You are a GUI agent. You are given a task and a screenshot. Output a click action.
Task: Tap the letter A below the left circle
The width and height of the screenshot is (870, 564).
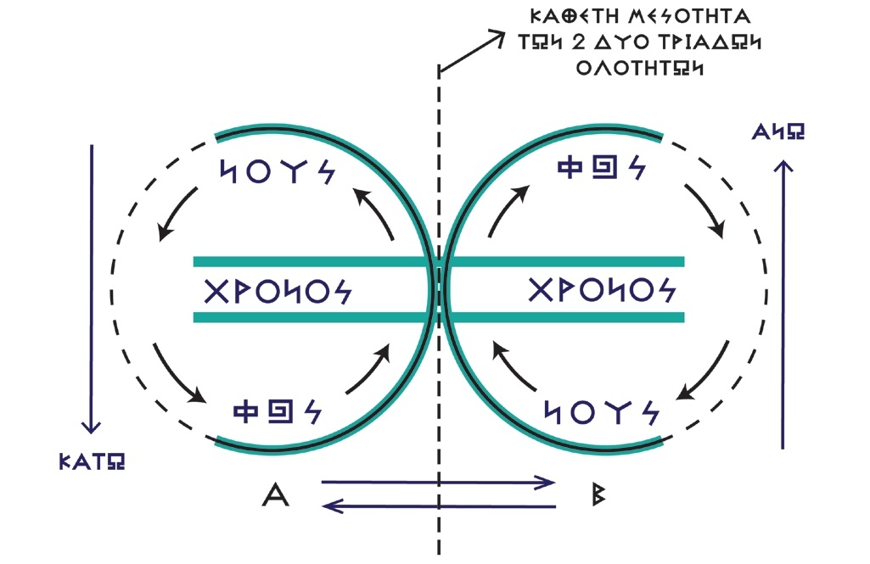pos(276,495)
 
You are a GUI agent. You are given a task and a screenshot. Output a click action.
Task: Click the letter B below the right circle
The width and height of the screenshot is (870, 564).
pos(599,495)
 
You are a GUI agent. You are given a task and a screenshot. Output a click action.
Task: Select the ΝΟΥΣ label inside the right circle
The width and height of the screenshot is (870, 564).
pos(599,411)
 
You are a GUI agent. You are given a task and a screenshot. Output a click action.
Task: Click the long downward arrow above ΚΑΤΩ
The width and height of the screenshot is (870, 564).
pos(91,288)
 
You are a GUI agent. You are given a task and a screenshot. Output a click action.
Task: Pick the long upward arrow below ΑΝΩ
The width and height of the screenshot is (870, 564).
pos(783,305)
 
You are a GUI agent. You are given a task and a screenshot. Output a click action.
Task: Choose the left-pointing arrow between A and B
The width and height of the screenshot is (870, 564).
pos(438,507)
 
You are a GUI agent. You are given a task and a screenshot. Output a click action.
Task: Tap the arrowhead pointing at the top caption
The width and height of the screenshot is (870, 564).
pos(492,36)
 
